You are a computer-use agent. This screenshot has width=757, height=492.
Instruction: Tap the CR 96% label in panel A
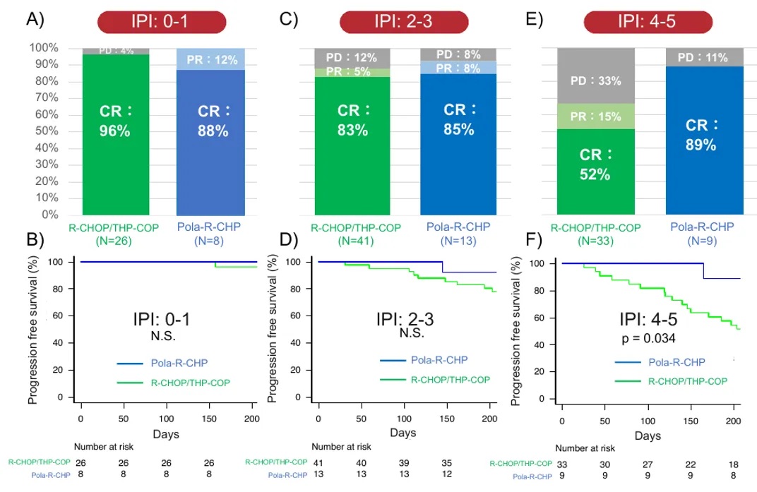[x=115, y=121]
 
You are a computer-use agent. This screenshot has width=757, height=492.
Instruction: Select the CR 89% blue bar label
[x=701, y=135]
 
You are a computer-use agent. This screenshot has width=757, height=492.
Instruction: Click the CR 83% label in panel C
[x=352, y=121]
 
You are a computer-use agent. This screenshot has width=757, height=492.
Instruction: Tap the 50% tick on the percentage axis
[x=44, y=131]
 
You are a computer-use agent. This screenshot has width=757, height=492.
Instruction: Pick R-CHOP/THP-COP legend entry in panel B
[x=191, y=382]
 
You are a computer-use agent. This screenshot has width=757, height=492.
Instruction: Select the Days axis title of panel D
[x=403, y=431]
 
